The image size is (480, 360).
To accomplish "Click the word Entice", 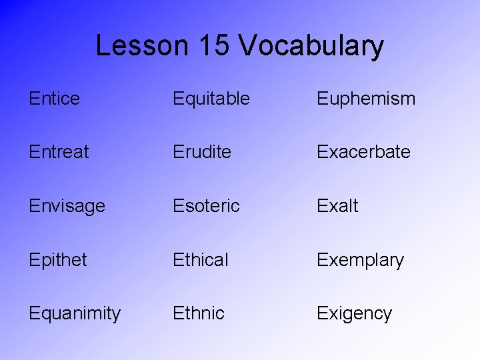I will [x=54, y=99].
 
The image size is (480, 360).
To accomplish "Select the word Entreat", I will [x=59, y=152].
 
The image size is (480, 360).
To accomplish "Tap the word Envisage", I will [x=67, y=206].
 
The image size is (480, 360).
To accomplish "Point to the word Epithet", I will [x=58, y=260].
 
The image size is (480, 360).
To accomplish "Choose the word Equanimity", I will [x=75, y=313].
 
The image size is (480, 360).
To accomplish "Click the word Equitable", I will [x=211, y=99].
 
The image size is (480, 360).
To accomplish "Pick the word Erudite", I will [x=202, y=152].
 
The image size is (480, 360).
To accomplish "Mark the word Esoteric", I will [x=206, y=206].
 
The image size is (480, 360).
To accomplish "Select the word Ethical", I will [x=201, y=259].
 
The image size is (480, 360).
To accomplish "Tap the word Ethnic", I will [x=199, y=313].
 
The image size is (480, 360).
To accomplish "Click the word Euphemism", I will [x=366, y=99].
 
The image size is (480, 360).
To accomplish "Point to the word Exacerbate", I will [x=363, y=152].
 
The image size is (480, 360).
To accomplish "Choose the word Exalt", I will [x=337, y=206].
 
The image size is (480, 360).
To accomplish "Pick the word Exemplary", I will [x=360, y=260].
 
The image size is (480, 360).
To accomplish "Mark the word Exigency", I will [x=354, y=313].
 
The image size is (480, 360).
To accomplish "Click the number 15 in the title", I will [x=214, y=45].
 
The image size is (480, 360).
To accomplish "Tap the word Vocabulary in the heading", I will [x=311, y=46].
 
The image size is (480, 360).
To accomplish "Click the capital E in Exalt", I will [x=323, y=206].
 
